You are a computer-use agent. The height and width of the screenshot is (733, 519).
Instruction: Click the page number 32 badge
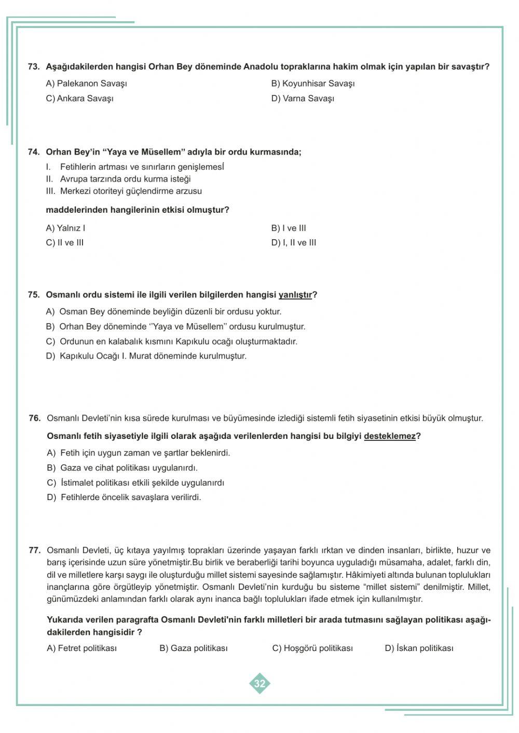(x=259, y=683)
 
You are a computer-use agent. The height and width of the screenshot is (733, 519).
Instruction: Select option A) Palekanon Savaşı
(x=86, y=84)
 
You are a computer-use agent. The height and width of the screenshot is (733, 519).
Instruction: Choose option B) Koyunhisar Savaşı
(x=312, y=84)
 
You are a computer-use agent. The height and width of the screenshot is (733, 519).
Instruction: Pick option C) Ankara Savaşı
(x=79, y=99)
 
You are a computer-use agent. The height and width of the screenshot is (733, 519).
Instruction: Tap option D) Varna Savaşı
(x=303, y=99)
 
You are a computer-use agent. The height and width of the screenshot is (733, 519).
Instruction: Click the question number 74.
(x=33, y=152)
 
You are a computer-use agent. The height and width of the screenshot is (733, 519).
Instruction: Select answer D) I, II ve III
(x=293, y=243)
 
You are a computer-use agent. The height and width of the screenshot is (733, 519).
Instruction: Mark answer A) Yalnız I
(x=65, y=228)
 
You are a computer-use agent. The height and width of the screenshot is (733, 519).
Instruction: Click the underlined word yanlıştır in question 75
(x=295, y=295)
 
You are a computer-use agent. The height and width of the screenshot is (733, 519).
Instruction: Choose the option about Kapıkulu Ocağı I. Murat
(x=146, y=356)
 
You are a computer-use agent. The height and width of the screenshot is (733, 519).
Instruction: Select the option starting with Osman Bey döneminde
(x=163, y=312)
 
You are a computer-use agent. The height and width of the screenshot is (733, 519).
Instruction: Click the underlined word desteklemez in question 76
(x=389, y=436)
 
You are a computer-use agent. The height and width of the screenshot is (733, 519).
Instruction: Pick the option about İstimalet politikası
(x=135, y=483)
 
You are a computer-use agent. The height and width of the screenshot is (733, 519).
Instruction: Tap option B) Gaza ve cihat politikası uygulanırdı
(x=122, y=468)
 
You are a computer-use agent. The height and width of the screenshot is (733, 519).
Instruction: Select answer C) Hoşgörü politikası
(x=312, y=648)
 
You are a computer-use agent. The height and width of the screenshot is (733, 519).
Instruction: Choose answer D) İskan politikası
(x=419, y=648)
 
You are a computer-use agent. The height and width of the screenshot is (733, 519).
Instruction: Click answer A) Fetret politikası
(x=81, y=648)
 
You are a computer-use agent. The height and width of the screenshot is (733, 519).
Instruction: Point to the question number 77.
(x=34, y=550)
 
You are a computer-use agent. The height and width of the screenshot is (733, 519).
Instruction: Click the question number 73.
(x=33, y=67)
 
